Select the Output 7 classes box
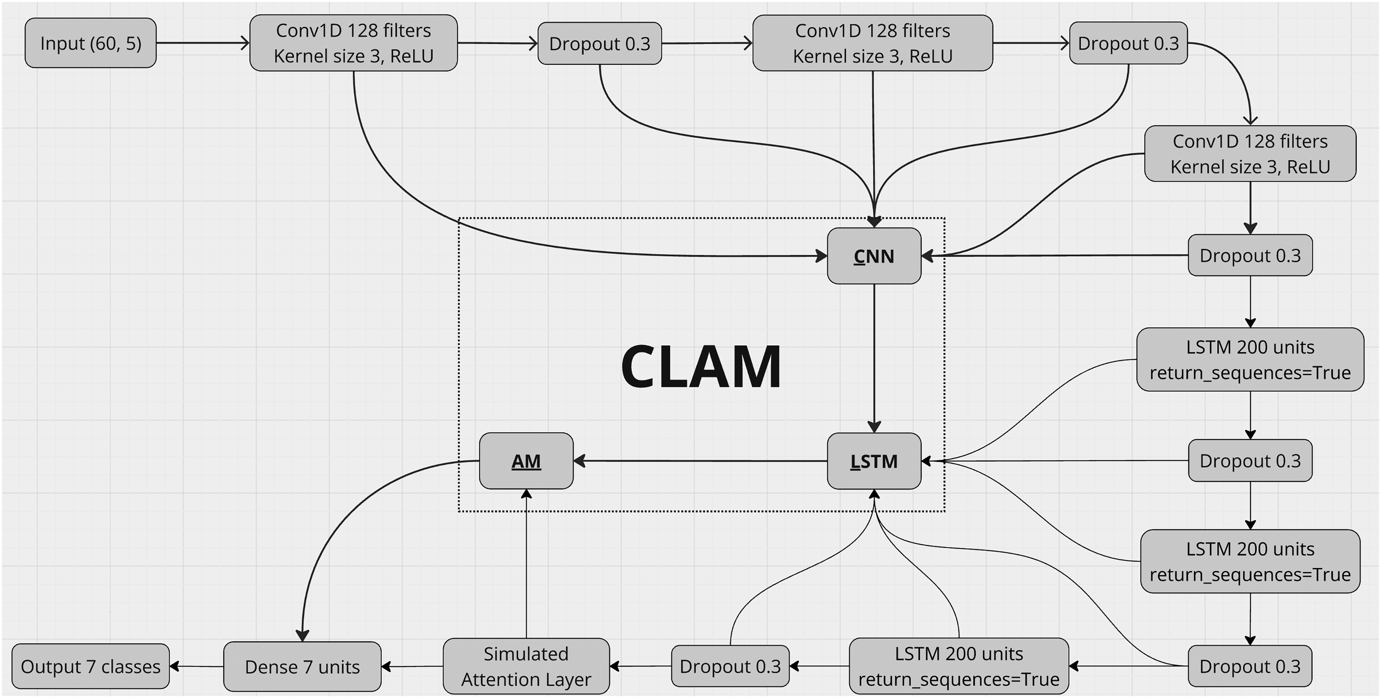tap(91, 667)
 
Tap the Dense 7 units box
tap(302, 667)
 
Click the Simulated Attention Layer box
tap(526, 667)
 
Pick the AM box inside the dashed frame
tap(526, 461)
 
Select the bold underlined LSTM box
tap(874, 461)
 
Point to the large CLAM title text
tap(701, 367)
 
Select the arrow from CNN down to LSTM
tap(874, 358)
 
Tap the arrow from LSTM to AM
tap(700, 460)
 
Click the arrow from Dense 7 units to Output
tap(196, 667)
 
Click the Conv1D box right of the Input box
tap(354, 43)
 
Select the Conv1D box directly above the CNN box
tap(873, 43)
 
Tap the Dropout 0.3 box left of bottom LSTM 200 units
tap(730, 667)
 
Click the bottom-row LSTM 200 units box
tap(959, 667)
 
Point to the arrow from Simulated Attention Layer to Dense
tap(412, 667)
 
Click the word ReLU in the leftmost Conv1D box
tap(412, 56)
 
